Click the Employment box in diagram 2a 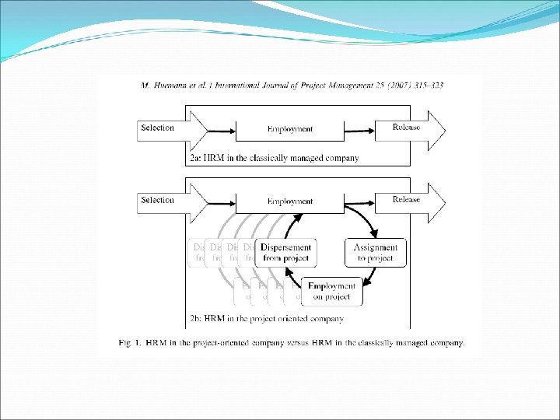pyautogui.click(x=289, y=128)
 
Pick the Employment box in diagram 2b pyautogui.click(x=289, y=201)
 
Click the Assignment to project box pyautogui.click(x=375, y=252)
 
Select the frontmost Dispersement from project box pyautogui.click(x=285, y=252)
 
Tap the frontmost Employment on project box pyautogui.click(x=332, y=290)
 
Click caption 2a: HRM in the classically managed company pyautogui.click(x=274, y=158)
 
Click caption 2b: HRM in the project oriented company pyautogui.click(x=266, y=318)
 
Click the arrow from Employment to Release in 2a pyautogui.click(x=359, y=128)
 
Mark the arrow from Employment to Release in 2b pyautogui.click(x=359, y=200)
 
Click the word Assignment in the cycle pyautogui.click(x=375, y=247)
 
